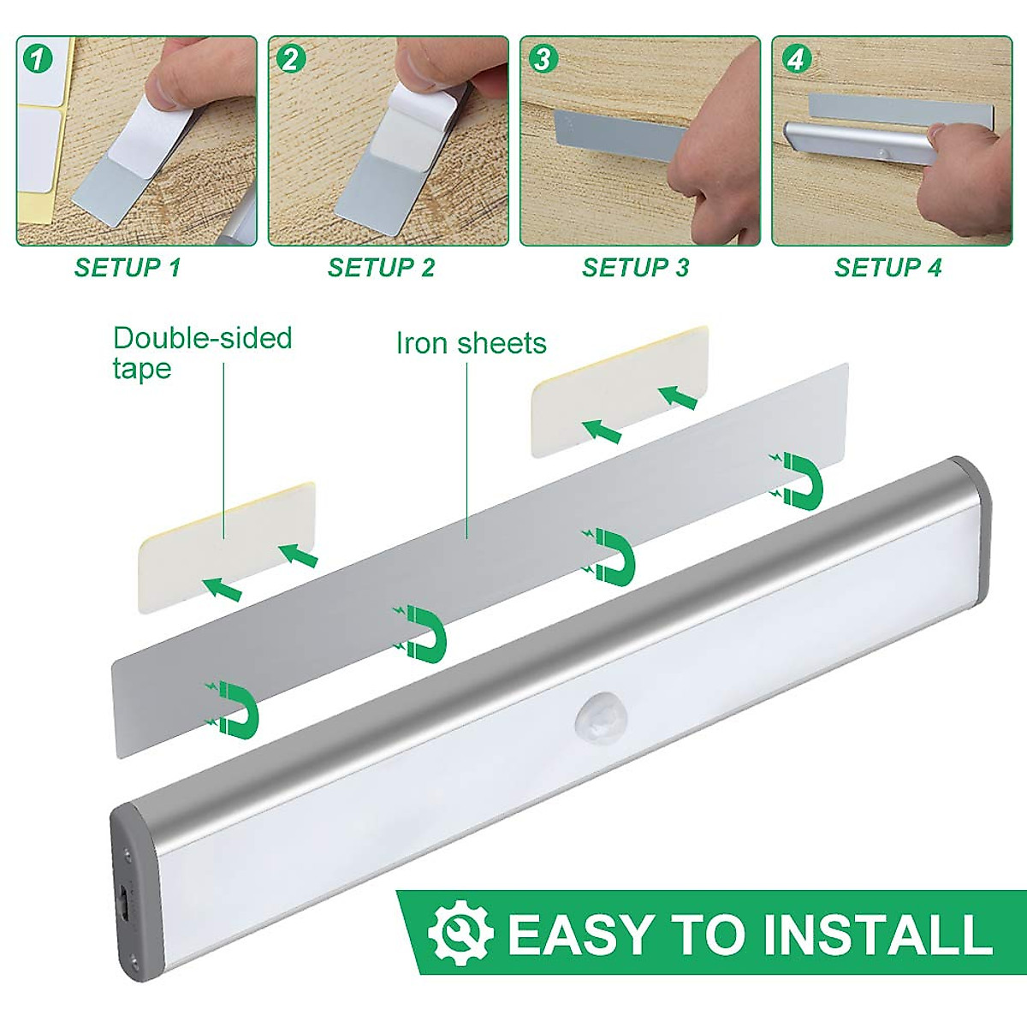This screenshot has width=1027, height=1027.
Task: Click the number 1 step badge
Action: coord(37,59)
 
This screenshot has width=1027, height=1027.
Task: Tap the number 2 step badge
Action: coord(290,59)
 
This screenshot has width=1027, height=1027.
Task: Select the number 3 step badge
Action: coord(543,59)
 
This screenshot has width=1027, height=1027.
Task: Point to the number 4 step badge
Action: coord(795,59)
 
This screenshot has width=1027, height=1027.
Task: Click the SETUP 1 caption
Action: coord(128,268)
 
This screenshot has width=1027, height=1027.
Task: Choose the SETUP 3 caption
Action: coord(635,268)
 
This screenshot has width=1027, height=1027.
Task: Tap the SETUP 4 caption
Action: coord(887,268)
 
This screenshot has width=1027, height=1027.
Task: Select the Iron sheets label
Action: coord(471,343)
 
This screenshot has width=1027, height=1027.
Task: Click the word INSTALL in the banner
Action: coord(876,934)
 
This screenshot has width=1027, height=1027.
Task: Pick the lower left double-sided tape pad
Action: coord(228,547)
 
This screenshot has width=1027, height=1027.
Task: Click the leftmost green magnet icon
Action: coord(236,709)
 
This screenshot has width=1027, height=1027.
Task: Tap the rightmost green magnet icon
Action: coord(801,480)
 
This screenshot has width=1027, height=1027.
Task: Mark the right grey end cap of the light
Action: coord(976,522)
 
